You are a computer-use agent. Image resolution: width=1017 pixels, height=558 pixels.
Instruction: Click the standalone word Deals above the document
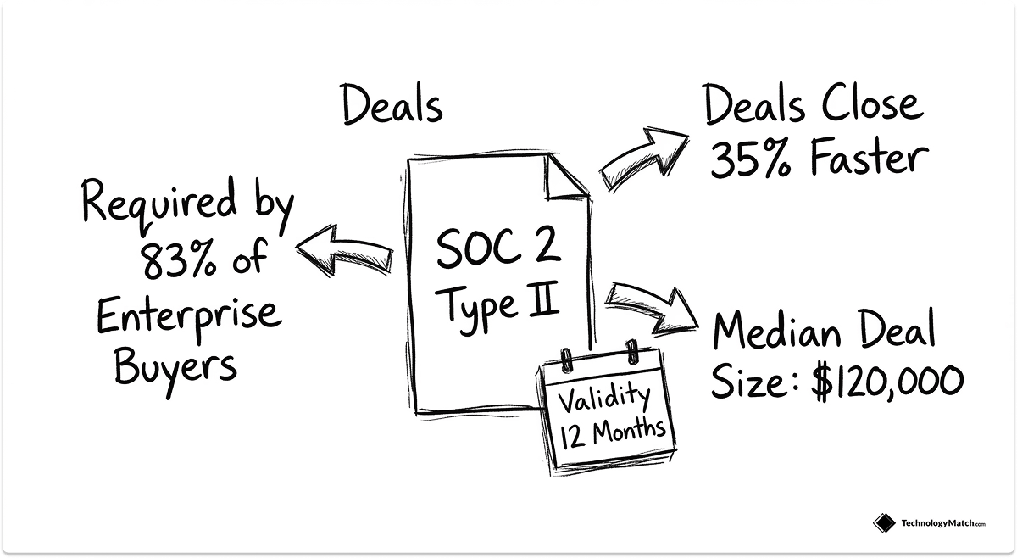[x=392, y=106]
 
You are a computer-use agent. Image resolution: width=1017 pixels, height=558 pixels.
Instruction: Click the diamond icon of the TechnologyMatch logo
[x=884, y=523]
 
